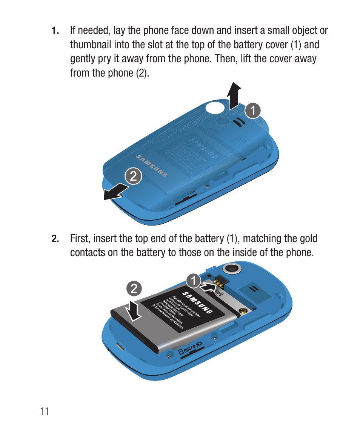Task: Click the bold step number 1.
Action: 55,31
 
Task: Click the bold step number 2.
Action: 55,239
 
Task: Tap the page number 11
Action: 44,411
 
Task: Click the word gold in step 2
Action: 309,239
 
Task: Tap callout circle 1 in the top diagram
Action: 253,110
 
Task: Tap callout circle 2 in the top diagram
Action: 134,176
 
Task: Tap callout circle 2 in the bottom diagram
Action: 134,289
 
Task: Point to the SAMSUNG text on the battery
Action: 197,302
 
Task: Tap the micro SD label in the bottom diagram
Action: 191,351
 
